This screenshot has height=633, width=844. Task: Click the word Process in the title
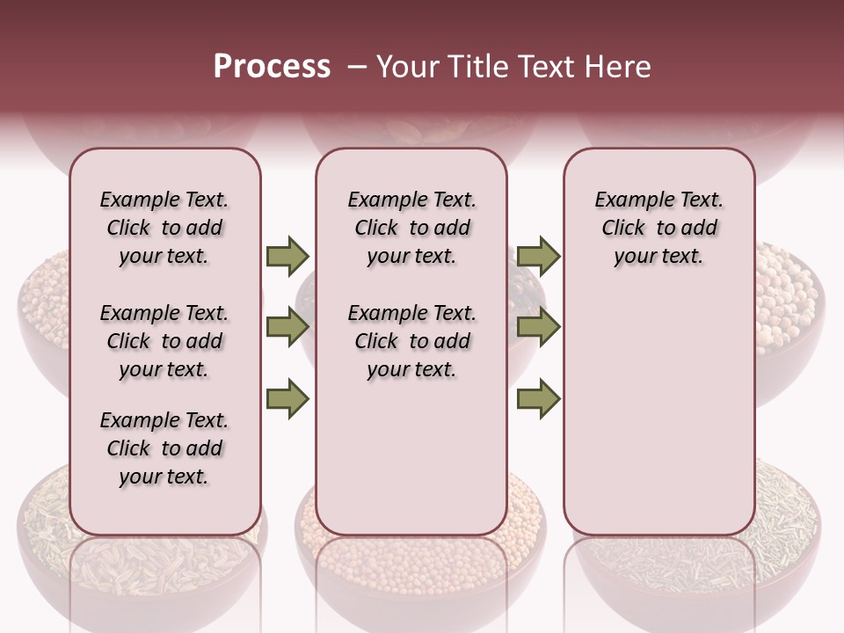tap(272, 67)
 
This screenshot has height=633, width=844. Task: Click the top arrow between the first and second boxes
tap(287, 257)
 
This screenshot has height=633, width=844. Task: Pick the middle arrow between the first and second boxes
tap(287, 327)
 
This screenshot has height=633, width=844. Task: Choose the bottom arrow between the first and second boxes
tap(287, 398)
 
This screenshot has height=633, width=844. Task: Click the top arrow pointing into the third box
tap(538, 257)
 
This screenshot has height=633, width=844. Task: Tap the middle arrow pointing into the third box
tap(538, 327)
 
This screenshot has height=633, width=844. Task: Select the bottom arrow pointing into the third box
tap(538, 398)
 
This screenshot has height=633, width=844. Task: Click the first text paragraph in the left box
tap(164, 229)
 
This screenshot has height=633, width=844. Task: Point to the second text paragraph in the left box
tap(164, 341)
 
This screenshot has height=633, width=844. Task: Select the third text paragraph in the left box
tap(164, 448)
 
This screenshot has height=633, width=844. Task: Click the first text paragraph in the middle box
tap(411, 229)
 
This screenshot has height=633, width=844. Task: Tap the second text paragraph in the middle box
tap(411, 341)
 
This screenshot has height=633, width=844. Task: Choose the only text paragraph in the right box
tap(658, 229)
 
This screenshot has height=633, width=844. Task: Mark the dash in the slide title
tap(356, 68)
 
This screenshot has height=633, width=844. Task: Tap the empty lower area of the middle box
tap(411, 457)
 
